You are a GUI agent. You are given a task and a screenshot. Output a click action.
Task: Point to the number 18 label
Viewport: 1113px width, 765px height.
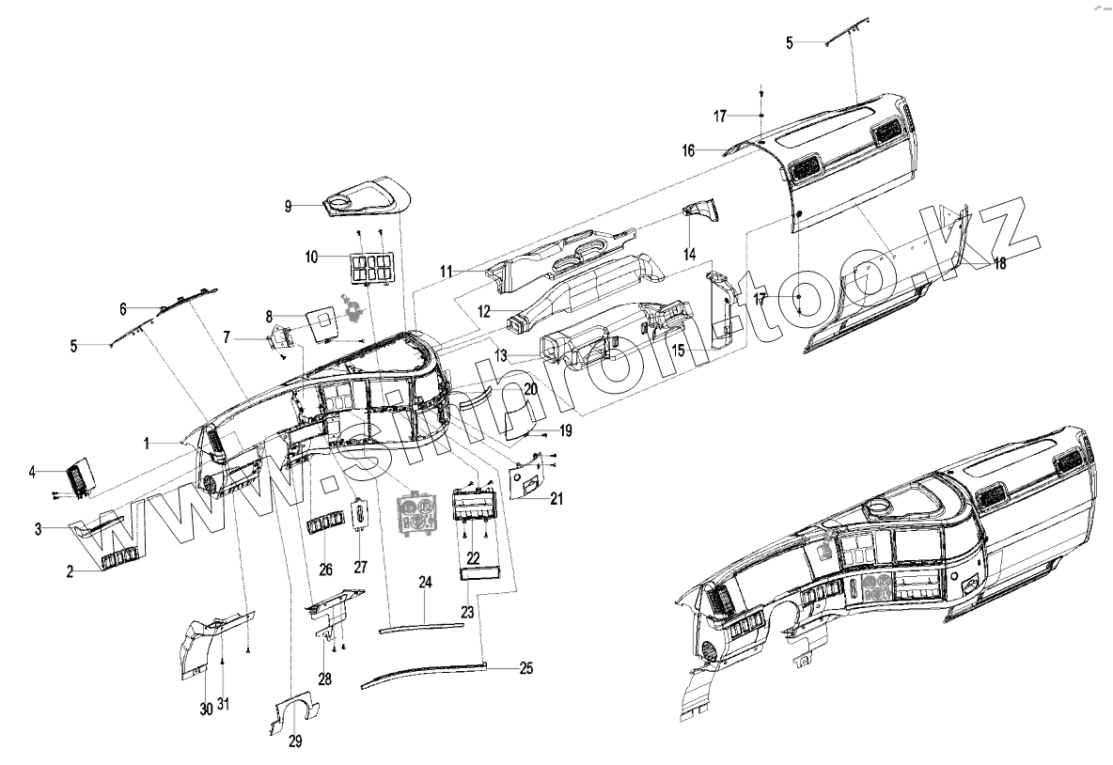point(999,264)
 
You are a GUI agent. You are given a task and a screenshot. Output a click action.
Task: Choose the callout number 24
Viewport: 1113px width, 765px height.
point(425,584)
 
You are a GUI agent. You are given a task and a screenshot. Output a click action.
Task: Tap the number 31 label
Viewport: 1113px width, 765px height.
point(224,705)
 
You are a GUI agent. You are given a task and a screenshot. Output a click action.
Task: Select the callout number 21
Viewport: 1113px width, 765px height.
point(556,498)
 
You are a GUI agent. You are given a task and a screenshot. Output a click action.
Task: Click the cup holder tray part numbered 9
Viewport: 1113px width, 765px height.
point(371,198)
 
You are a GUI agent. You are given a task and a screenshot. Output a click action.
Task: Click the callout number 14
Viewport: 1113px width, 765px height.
point(689,254)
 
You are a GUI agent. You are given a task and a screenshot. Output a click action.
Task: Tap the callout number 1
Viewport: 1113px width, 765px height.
point(147,441)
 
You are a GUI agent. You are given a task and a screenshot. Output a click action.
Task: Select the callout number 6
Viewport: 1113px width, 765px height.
point(122,307)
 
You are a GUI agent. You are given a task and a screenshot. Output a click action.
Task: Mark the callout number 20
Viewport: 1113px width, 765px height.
point(530,389)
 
